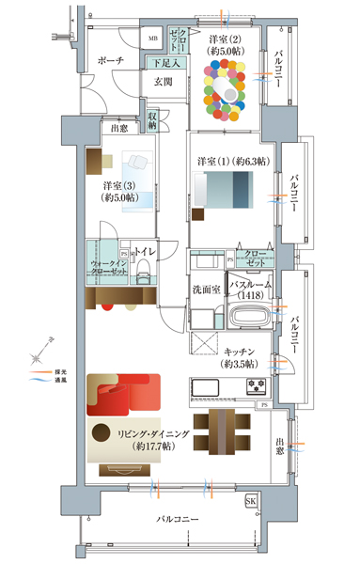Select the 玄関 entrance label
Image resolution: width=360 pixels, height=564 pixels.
(x=164, y=83)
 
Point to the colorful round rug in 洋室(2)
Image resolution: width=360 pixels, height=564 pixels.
(x=226, y=89)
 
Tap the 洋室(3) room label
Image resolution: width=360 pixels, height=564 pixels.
(x=121, y=191)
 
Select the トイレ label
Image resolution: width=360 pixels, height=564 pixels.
(x=145, y=252)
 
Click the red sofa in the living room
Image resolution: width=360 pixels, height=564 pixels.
(x=122, y=394)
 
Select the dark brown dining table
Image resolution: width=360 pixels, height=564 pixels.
(x=224, y=431)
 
